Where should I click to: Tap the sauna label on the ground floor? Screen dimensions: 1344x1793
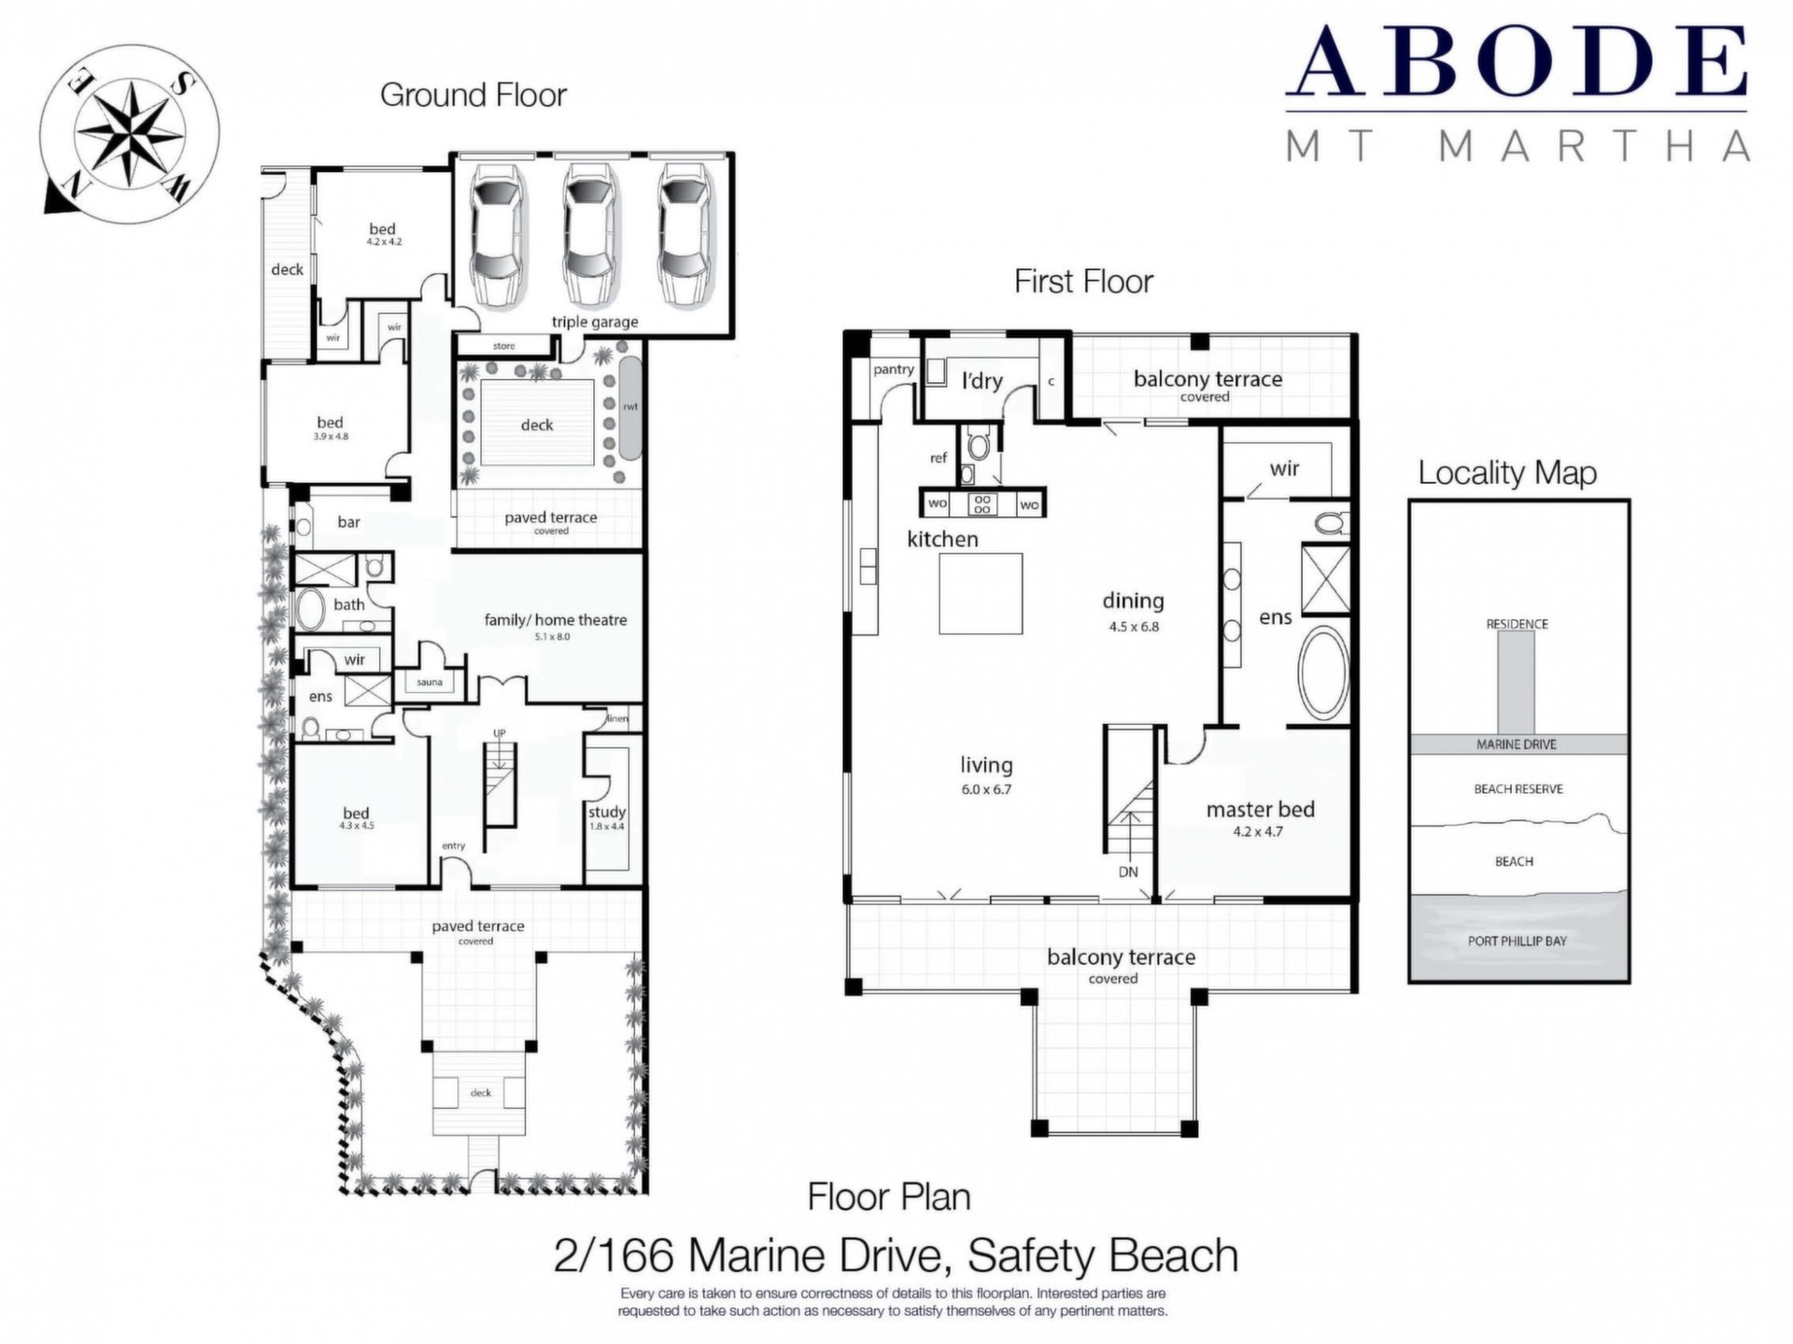[430, 682]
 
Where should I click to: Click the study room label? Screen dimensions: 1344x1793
[607, 812]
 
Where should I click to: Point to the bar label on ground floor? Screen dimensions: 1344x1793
[348, 522]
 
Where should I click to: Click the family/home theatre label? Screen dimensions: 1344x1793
[555, 619]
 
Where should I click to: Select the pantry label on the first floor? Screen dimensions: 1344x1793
[893, 370]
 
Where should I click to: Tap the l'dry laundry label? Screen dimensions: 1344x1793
[981, 380]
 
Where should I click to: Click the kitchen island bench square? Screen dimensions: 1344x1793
[981, 593]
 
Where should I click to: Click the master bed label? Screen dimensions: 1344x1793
[1260, 809]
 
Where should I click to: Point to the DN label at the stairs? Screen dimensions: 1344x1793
[1128, 871]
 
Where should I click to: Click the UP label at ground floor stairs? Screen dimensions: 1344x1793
[499, 733]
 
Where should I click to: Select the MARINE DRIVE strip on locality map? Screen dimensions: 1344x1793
[1517, 744]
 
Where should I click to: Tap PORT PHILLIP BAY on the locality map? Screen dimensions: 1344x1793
[1517, 941]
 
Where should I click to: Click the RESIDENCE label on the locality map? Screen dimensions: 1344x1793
[1517, 624]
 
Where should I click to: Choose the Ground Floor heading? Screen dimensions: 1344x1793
[473, 95]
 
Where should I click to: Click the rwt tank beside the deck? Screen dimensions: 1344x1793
[630, 408]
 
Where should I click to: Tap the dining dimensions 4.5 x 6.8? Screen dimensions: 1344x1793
[1134, 627]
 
